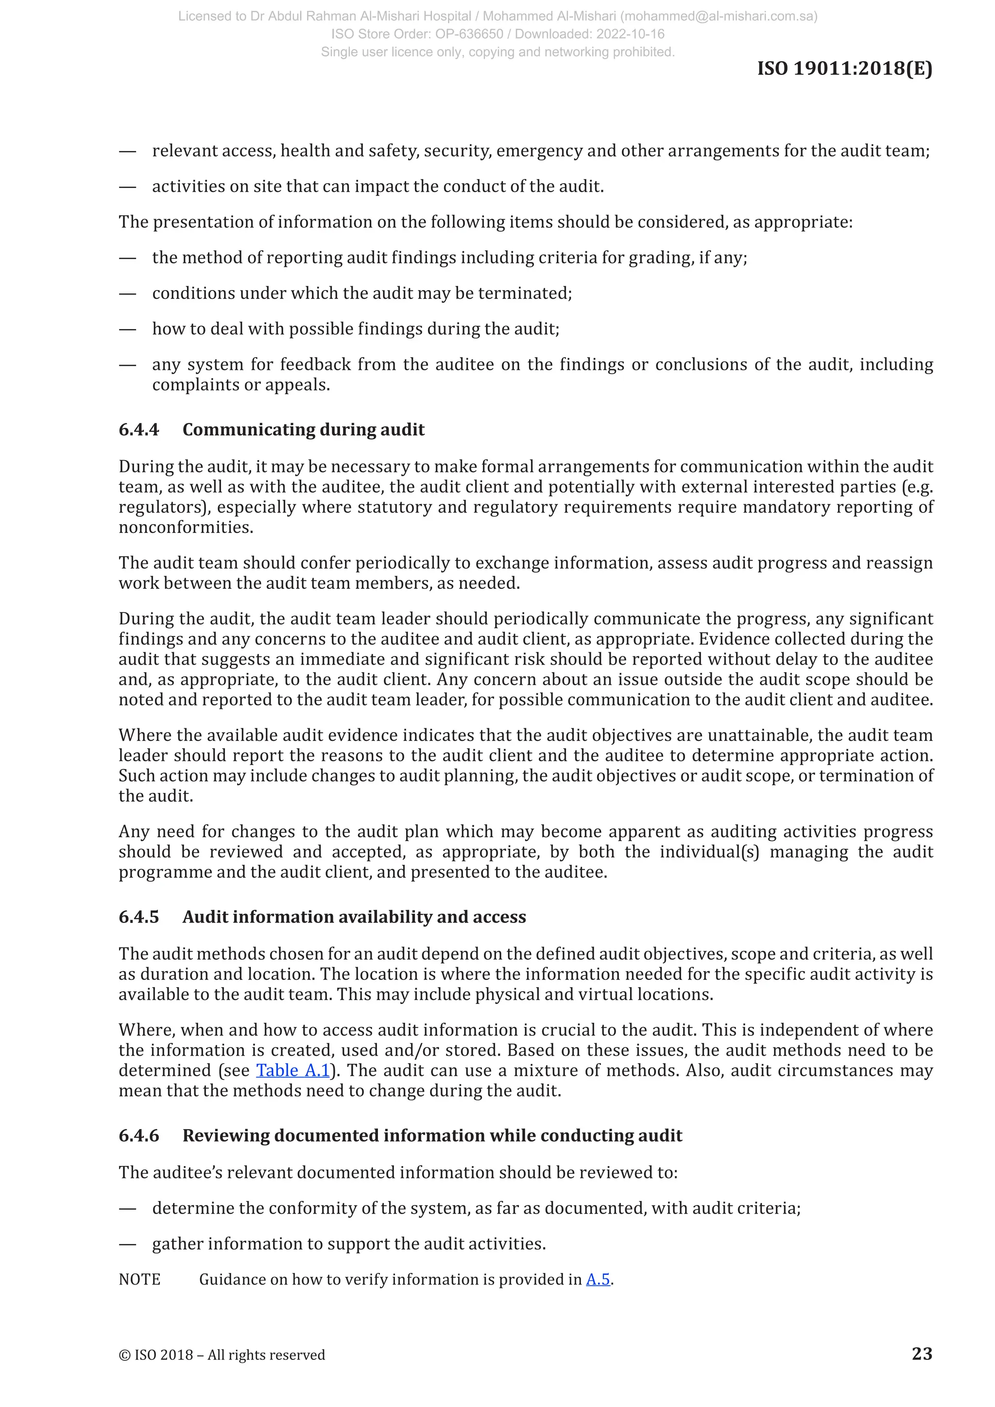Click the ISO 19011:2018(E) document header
pos(844,68)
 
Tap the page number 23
pos(922,1353)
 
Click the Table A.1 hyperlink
pos(293,1070)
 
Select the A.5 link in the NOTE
pos(598,1280)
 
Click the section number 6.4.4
pos(138,429)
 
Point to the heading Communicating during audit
pos(303,429)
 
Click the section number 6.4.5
pos(138,917)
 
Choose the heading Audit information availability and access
pos(354,917)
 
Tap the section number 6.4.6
pos(138,1135)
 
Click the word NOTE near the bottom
pos(140,1280)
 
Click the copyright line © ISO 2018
pos(222,1355)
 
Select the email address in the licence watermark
pos(720,17)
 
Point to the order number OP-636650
pos(469,34)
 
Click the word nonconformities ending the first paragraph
pos(186,528)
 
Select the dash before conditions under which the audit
pos(127,293)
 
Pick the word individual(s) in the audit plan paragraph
pos(709,852)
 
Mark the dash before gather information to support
pos(127,1244)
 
